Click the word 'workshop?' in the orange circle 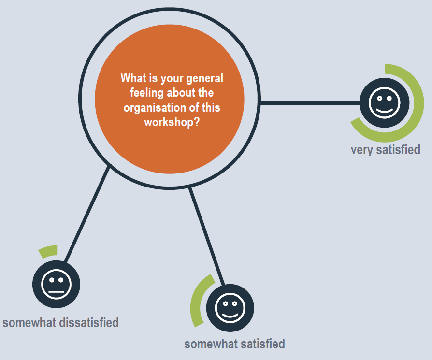172,122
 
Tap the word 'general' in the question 205,78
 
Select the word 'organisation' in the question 155,107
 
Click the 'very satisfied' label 386,150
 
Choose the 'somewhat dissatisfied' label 60,322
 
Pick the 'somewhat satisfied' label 234,344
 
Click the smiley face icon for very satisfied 384,103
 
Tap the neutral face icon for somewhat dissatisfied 56,284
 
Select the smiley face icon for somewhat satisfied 230,308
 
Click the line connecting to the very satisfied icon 310,103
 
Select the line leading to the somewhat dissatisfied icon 87,213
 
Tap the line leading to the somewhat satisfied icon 206,236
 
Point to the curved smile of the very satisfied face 384,111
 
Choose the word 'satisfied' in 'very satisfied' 398,150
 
